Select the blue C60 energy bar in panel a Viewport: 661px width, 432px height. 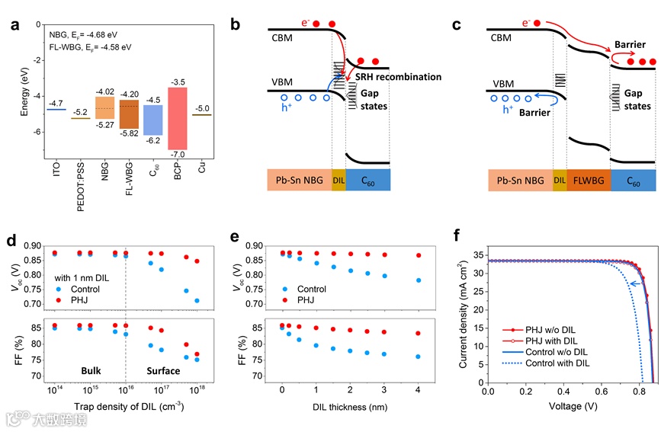pyautogui.click(x=152, y=120)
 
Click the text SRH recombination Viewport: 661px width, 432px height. pyautogui.click(x=398, y=77)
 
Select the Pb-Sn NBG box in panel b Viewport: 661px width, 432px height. pyautogui.click(x=300, y=180)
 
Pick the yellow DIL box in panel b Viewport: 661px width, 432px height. pyautogui.click(x=339, y=180)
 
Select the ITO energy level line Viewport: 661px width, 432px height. pyautogui.click(x=56, y=109)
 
